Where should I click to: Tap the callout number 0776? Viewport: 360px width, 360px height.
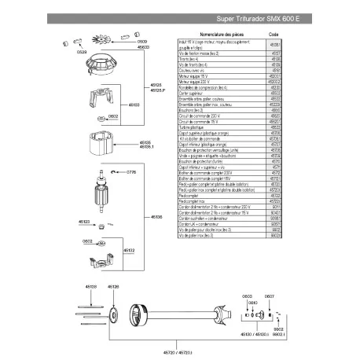[x=131, y=171]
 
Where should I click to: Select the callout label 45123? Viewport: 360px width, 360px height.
[x=85, y=222]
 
